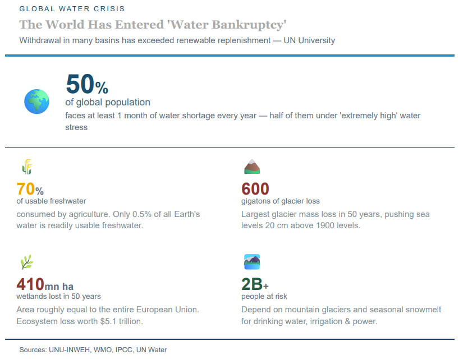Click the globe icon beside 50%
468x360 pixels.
click(x=36, y=101)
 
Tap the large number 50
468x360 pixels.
click(x=80, y=84)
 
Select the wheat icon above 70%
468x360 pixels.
click(x=27, y=167)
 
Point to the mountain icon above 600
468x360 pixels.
click(x=252, y=167)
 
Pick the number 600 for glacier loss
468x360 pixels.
click(x=255, y=189)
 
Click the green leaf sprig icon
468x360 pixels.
click(x=27, y=262)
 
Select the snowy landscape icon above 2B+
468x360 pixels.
click(x=252, y=262)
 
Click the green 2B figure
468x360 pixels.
click(x=252, y=284)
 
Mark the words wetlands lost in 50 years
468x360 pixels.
click(x=59, y=296)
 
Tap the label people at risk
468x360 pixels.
click(x=264, y=296)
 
